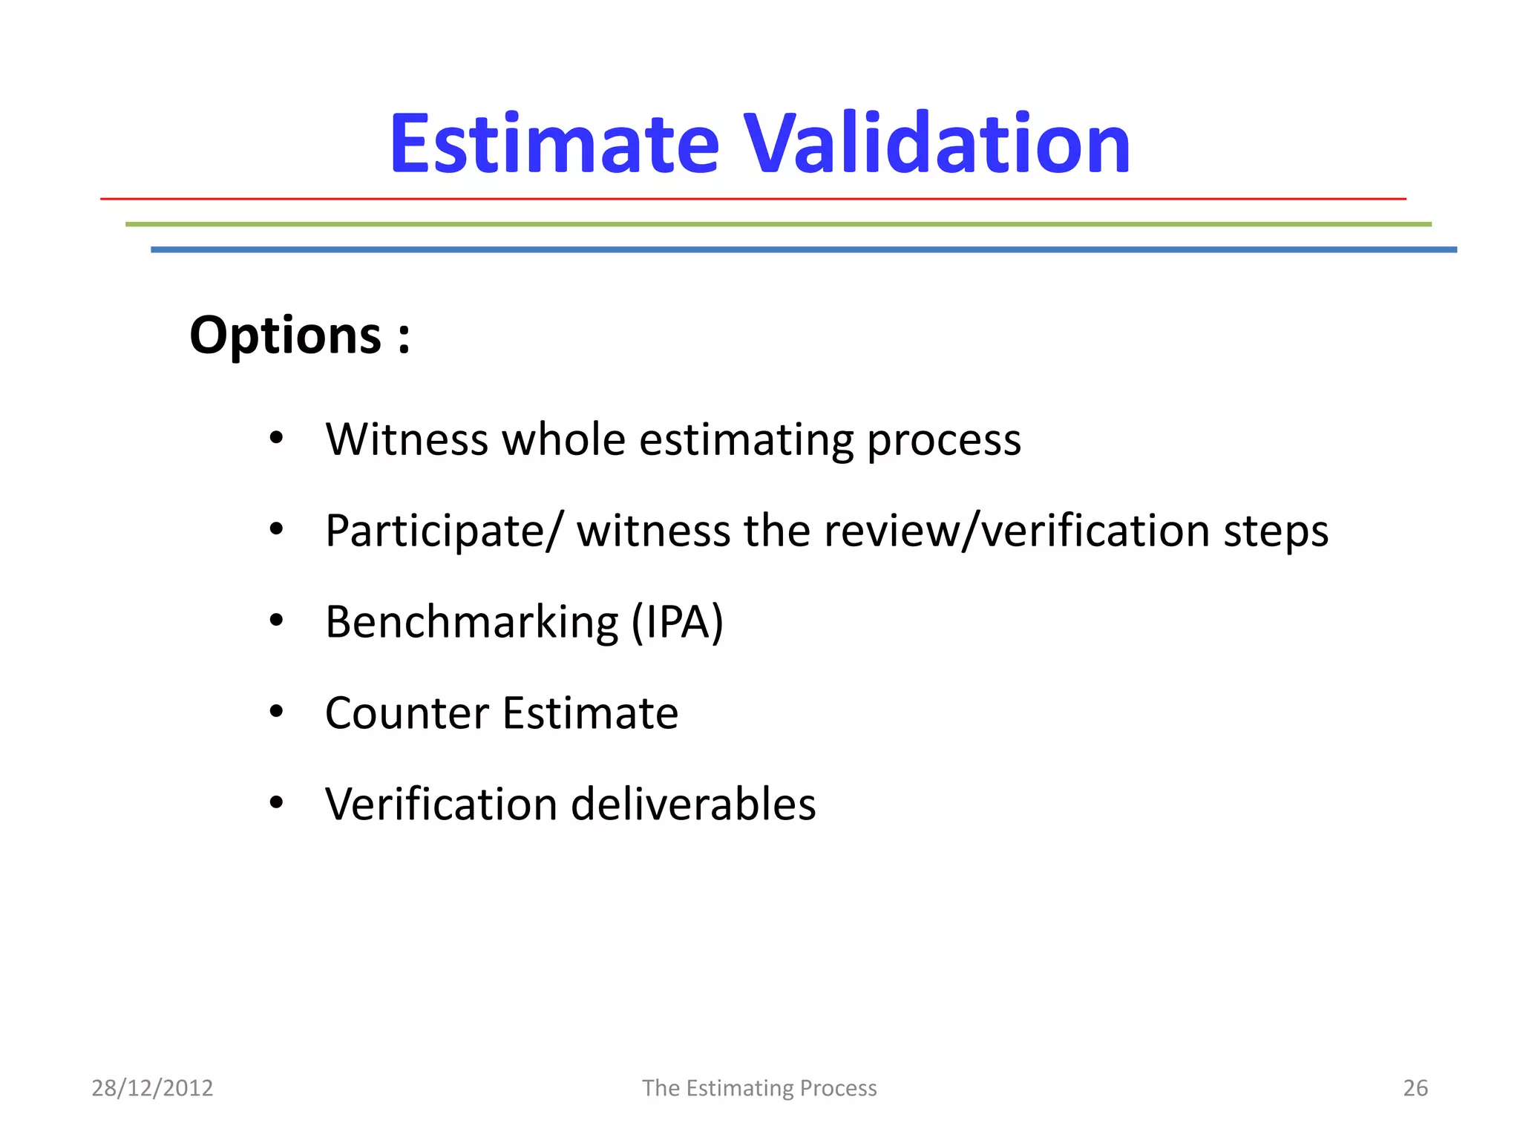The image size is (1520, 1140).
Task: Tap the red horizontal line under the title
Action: (753, 199)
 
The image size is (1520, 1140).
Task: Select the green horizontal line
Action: (778, 224)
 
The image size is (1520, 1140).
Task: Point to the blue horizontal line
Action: (803, 250)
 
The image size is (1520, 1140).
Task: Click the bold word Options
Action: (286, 335)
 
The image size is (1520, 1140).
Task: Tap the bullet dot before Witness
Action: (276, 438)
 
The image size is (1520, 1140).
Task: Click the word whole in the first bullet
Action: (564, 439)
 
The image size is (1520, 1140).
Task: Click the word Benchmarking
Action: (472, 622)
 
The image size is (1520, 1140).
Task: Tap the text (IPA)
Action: (677, 622)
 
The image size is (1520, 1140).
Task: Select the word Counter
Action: (407, 713)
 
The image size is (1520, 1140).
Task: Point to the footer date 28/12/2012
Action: (152, 1088)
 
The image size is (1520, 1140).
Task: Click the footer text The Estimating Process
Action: (759, 1088)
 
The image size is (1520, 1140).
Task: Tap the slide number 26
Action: (1415, 1088)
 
